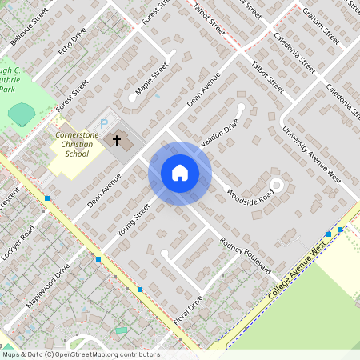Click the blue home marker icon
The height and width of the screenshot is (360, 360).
[x=180, y=173]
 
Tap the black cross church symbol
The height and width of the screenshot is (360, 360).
[x=117, y=141]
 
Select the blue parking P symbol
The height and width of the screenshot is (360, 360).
[x=103, y=124]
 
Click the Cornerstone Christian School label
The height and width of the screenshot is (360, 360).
[x=77, y=145]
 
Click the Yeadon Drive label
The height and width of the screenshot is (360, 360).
[x=219, y=134]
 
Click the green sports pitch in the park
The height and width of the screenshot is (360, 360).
[x=22, y=114]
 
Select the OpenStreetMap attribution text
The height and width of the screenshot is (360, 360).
[x=80, y=354]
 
